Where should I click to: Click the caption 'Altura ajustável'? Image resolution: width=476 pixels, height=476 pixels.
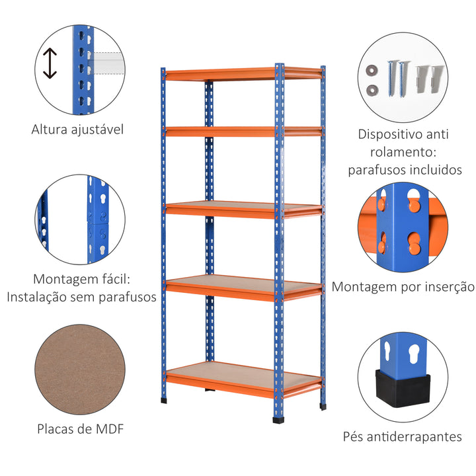(77, 130)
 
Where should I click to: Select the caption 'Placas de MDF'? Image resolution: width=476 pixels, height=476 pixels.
(81, 429)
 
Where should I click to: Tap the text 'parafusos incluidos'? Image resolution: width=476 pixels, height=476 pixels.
(405, 170)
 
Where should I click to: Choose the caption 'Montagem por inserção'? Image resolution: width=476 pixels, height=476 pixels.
(403, 287)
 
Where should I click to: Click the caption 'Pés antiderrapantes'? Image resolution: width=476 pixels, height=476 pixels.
(402, 436)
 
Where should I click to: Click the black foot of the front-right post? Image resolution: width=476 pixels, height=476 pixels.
(278, 418)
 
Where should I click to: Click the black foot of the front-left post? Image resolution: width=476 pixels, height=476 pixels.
(163, 399)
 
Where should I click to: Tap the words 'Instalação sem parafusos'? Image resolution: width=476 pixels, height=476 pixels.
(82, 297)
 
